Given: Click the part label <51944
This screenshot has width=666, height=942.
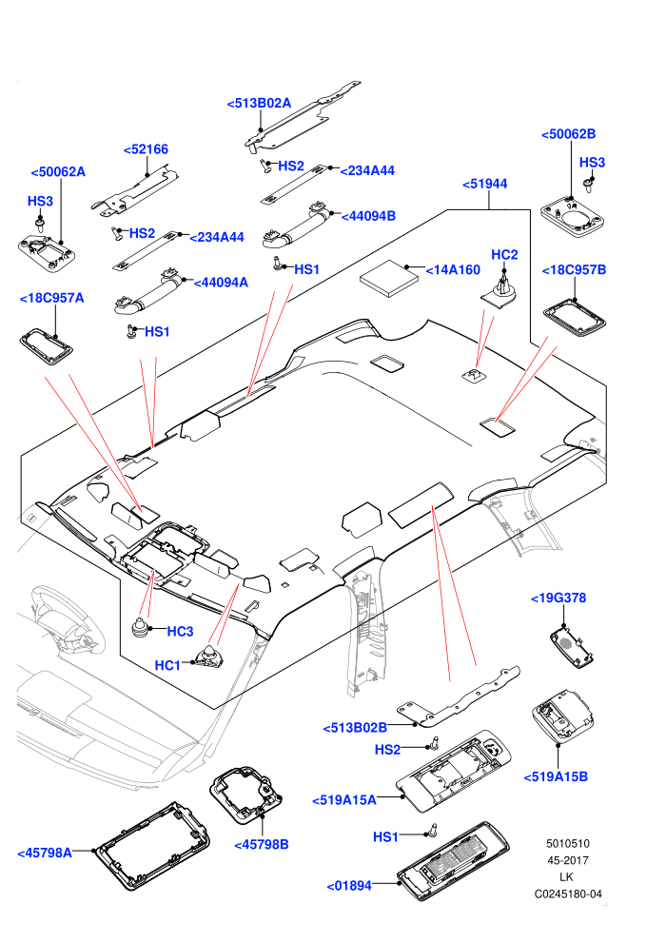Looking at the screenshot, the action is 484,184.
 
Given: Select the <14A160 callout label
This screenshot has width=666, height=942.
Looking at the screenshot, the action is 453,270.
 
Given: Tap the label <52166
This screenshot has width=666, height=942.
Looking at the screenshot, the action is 146,149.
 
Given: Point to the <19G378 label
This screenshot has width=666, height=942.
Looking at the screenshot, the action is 558,598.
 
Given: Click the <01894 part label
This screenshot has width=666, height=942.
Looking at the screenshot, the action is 349,886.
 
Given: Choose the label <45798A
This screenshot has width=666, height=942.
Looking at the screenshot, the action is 45,853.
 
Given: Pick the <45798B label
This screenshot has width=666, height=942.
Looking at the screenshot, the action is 262,845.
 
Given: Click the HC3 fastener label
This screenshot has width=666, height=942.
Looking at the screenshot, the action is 180,632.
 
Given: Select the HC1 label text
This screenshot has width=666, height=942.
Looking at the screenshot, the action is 167,665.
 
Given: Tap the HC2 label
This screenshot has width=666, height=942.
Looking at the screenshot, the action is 504,255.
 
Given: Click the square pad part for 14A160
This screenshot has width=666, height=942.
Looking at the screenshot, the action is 388,278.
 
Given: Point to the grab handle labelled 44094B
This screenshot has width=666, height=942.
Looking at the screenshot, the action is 297,226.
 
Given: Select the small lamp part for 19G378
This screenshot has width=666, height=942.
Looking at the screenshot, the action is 572,646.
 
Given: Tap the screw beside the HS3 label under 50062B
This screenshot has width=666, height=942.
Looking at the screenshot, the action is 588,186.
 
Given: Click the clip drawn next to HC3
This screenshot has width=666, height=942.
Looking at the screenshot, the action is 142,628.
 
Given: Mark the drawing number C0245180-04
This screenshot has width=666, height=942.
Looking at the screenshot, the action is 568,893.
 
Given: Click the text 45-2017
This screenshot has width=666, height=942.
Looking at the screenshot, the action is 568,860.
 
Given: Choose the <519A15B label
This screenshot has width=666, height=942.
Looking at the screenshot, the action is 556,776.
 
